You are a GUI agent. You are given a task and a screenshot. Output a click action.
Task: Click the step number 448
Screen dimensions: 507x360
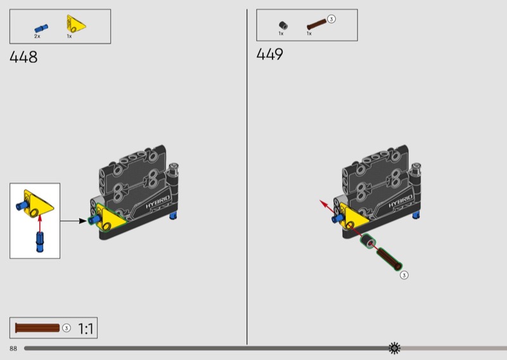coord(23,57)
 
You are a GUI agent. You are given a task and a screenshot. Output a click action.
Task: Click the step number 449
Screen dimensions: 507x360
coord(270,54)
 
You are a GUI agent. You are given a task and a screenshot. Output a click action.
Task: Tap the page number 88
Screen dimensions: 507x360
coord(13,349)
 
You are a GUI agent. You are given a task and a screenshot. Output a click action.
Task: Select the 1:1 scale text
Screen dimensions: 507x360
coord(86,328)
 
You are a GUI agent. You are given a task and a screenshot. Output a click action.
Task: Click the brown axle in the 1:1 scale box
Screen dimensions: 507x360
coord(37,328)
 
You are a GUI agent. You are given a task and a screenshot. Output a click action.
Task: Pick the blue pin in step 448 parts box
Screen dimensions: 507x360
coord(41,29)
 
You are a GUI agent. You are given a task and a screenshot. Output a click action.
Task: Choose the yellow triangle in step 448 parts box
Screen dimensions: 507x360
coord(76,23)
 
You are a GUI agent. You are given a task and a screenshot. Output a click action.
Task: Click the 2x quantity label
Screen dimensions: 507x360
coord(37,36)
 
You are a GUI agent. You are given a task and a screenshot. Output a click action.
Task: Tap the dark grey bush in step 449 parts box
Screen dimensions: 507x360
coord(283,25)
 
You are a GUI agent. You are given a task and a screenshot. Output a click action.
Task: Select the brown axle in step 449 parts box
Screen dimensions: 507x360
coord(316,24)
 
